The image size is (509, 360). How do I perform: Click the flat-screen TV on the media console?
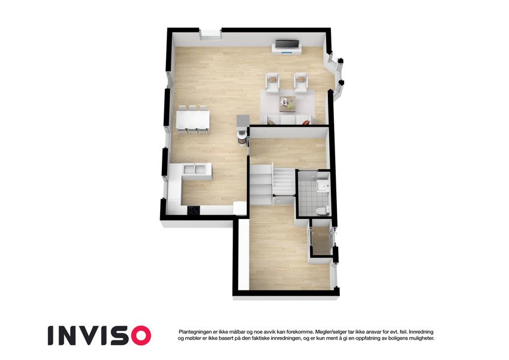pyautogui.click(x=287, y=44)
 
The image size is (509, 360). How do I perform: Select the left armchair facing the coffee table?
pyautogui.click(x=273, y=83)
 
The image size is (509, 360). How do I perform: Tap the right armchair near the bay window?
pyautogui.click(x=300, y=83)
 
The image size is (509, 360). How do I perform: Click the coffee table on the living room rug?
pyautogui.click(x=287, y=104)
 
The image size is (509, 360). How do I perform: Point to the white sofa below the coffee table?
pyautogui.click(x=288, y=119)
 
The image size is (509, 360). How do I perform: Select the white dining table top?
pyautogui.click(x=193, y=119)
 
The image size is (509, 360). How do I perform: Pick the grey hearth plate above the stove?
pyautogui.click(x=243, y=120)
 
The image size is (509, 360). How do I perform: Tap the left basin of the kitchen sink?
pyautogui.click(x=189, y=169)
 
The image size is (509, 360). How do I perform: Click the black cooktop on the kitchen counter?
pyautogui.click(x=194, y=211)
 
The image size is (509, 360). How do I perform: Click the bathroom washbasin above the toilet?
pyautogui.click(x=323, y=186)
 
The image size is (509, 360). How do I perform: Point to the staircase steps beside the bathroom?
pyautogui.click(x=272, y=184)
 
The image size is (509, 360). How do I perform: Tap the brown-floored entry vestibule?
pyautogui.click(x=321, y=241)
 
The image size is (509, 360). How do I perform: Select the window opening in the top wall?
pyautogui.click(x=210, y=34)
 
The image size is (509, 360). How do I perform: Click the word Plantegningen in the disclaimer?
pyautogui.click(x=194, y=332)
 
